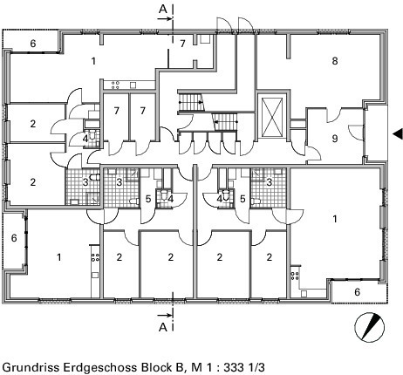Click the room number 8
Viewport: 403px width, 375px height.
tap(335, 61)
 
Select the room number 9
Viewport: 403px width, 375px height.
tap(335, 139)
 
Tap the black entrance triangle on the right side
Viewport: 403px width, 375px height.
tap(398, 133)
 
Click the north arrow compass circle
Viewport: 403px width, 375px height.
tap(370, 327)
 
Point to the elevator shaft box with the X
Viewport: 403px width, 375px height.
tap(272, 118)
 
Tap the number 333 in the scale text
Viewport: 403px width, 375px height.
tap(234, 367)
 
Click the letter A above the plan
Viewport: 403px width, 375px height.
tap(163, 10)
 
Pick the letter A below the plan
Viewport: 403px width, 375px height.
tap(163, 327)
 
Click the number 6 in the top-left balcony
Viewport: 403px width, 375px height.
tap(33, 44)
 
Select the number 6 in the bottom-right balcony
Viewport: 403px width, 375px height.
tap(358, 292)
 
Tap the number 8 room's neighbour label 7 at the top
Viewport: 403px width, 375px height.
tap(182, 44)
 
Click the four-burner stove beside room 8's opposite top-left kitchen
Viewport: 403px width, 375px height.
tap(115, 85)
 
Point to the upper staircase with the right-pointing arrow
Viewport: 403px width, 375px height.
tap(190, 102)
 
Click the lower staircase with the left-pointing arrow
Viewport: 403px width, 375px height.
tap(226, 122)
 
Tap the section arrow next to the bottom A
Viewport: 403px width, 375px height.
tap(164, 315)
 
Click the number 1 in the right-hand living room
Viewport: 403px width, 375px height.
tap(335, 219)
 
